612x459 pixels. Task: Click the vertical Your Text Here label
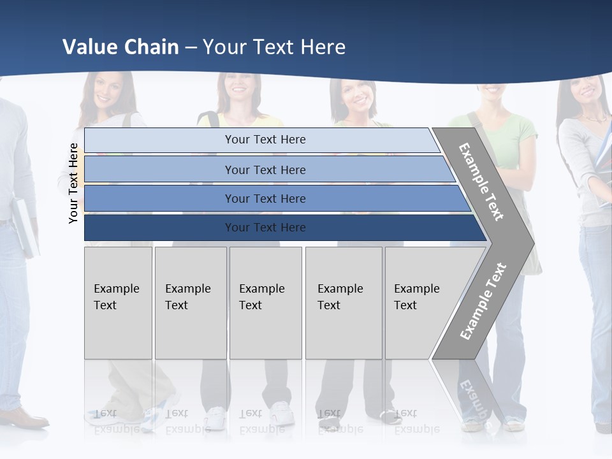[x=73, y=183]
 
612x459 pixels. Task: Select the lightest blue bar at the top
[x=265, y=140]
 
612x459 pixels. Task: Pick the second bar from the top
[x=265, y=170]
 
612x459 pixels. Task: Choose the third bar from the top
[x=265, y=198]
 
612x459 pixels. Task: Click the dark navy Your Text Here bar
[x=265, y=228]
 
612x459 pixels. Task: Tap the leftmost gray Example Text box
[x=118, y=303]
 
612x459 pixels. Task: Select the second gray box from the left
[x=190, y=303]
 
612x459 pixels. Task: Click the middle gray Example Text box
[x=265, y=303]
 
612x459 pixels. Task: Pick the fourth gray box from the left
[x=343, y=303]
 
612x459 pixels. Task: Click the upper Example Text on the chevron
[x=481, y=182]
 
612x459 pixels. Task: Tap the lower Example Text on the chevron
[x=483, y=301]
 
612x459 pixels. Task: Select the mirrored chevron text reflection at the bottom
[x=473, y=398]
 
